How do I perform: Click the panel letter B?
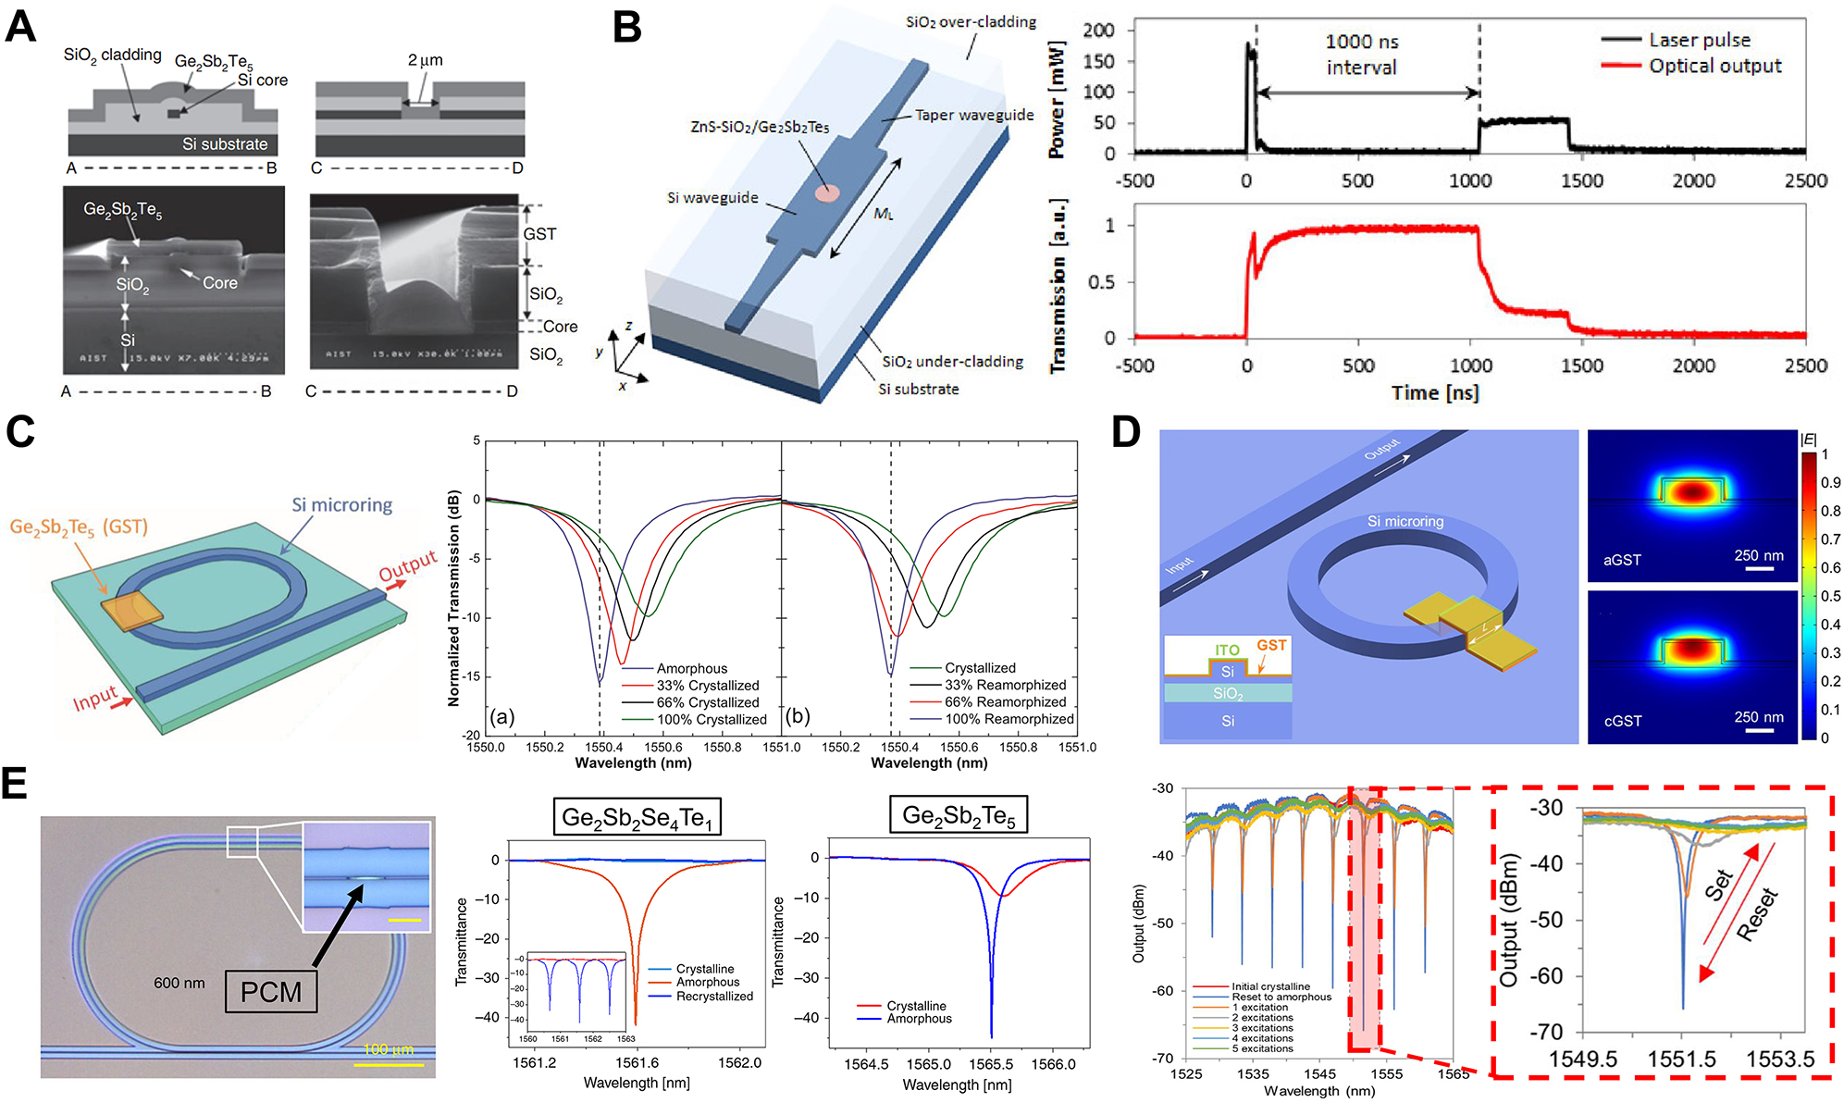point(627,27)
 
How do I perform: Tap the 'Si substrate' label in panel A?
point(225,143)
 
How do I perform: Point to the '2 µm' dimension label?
point(425,60)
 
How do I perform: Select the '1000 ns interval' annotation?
point(1361,55)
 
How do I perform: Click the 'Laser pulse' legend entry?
point(1699,40)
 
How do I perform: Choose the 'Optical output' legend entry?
point(1714,66)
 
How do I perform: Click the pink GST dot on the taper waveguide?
point(826,193)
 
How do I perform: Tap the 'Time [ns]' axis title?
point(1434,392)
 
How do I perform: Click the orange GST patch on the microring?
point(131,612)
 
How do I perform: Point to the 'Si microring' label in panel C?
point(341,505)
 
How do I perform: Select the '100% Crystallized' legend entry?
point(712,719)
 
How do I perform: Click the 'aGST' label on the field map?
point(1622,560)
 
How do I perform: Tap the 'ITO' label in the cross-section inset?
point(1227,650)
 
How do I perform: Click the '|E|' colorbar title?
point(1808,440)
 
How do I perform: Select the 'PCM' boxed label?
point(271,992)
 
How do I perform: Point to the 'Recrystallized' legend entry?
point(714,996)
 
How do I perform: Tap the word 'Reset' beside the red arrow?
point(1757,914)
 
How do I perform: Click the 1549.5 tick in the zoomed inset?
point(1583,1059)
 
